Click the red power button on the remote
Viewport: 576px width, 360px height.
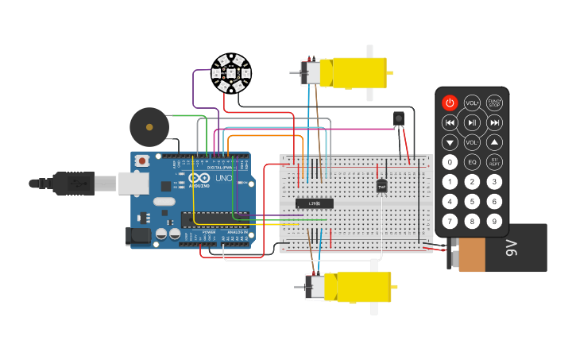[450, 103]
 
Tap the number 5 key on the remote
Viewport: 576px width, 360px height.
[472, 202]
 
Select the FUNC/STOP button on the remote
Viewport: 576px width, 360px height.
[494, 103]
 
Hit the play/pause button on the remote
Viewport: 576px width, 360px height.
[472, 122]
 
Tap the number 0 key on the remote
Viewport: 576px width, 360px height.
[450, 162]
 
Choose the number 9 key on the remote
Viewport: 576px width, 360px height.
[494, 222]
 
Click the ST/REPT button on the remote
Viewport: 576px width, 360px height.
[494, 162]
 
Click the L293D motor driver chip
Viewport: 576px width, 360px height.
[314, 203]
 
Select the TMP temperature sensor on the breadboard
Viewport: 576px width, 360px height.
[381, 186]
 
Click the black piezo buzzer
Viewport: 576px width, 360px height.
[149, 126]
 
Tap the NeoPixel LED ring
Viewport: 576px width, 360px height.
[230, 74]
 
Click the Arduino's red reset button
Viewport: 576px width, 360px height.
[142, 161]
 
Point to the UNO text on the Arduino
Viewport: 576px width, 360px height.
[222, 178]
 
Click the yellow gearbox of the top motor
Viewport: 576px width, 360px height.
[358, 73]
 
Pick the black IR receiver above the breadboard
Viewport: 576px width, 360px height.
[398, 118]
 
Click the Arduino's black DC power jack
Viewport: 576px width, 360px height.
[139, 235]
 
